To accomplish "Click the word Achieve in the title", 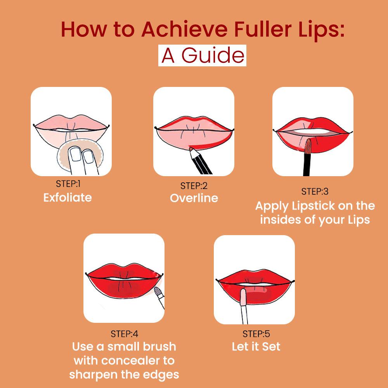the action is tap(184, 29).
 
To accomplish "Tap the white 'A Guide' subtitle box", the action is tap(202, 55).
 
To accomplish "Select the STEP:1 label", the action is tap(68, 184).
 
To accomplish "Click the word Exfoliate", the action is tap(68, 197).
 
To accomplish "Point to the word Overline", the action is tap(194, 198).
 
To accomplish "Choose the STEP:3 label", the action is tap(315, 191).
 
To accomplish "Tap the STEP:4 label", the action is tap(124, 334).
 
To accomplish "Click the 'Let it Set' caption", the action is tap(256, 346).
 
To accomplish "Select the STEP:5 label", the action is tap(256, 334).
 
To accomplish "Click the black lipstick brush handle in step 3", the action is tap(307, 164).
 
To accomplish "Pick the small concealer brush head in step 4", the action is tap(157, 291).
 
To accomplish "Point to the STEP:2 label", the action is tap(194, 186).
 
